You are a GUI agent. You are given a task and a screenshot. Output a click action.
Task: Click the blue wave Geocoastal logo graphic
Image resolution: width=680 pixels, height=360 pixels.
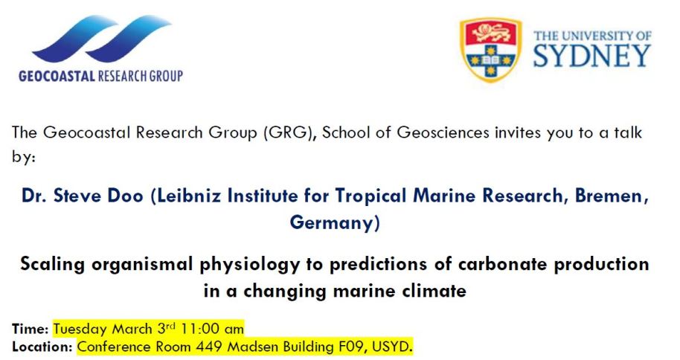click(x=103, y=39)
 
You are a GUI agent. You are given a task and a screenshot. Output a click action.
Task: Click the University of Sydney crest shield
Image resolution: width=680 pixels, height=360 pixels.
click(x=490, y=49)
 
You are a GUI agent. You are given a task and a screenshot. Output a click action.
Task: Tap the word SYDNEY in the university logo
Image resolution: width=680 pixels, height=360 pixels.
click(x=592, y=56)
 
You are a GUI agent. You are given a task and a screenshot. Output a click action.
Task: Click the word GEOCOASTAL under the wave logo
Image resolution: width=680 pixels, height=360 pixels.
click(x=57, y=77)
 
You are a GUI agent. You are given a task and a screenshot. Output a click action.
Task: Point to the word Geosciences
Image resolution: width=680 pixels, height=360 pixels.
click(x=443, y=132)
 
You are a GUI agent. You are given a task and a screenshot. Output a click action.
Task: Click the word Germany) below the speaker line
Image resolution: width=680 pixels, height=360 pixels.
click(x=334, y=223)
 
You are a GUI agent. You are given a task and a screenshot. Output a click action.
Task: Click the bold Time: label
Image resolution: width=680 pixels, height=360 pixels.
click(x=30, y=330)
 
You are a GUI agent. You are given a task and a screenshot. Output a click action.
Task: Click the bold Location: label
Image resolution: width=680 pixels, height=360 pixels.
click(x=42, y=347)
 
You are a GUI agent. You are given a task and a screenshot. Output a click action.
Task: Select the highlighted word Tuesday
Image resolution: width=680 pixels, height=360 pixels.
click(x=80, y=330)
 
